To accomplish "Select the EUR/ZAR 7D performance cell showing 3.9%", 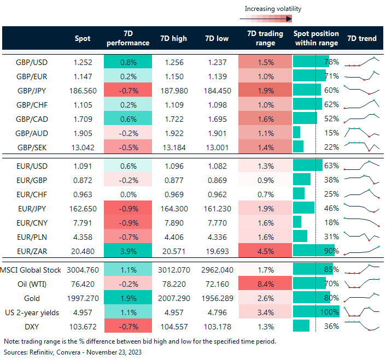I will (x=127, y=251).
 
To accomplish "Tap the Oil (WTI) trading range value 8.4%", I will (x=261, y=284).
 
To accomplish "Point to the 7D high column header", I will (x=173, y=38).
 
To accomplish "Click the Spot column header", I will (x=83, y=38).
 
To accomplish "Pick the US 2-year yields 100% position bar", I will (x=316, y=312).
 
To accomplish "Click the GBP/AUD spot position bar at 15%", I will (x=297, y=132).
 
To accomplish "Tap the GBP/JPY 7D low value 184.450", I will (x=217, y=90).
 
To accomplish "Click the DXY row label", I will (x=31, y=326).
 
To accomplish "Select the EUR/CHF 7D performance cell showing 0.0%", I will (x=127, y=194).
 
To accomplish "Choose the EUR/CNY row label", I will (x=31, y=222).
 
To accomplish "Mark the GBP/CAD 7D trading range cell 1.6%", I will (x=261, y=118).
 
